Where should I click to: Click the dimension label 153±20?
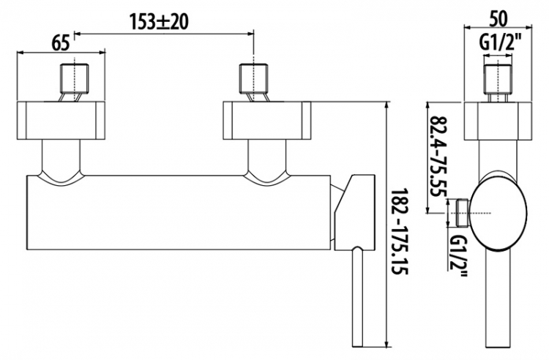coord(159,22)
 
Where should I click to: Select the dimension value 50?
coord(498,20)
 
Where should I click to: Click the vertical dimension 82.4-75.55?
coord(437,157)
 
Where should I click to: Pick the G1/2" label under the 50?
coord(498,44)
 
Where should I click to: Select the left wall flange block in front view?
coord(61,121)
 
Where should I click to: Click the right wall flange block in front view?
coord(267,121)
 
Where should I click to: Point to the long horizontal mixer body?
coord(179,212)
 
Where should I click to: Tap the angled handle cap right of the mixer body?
coord(354,212)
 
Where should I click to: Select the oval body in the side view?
coord(498,212)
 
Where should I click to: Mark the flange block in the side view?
coord(498,121)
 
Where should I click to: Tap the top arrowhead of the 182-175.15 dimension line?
coord(387,105)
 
